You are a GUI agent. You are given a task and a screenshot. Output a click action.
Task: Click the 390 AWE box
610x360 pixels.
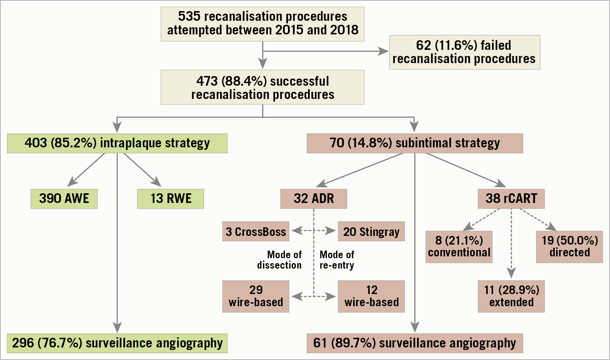(x=64, y=199)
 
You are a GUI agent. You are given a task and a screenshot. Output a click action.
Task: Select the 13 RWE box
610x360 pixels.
(x=170, y=199)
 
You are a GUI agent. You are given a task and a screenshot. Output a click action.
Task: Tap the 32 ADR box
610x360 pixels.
(x=313, y=199)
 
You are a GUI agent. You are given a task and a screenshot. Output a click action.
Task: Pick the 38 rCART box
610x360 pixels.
(x=511, y=199)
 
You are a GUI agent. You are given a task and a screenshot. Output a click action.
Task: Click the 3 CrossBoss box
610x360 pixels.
(x=255, y=231)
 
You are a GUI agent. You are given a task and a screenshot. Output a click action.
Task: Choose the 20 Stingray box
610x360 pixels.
(x=371, y=231)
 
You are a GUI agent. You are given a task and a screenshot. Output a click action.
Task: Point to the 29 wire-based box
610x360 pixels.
(x=255, y=296)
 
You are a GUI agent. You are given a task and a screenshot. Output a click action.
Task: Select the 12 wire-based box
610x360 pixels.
(x=371, y=296)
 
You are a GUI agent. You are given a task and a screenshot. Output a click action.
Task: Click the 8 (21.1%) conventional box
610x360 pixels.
(x=459, y=247)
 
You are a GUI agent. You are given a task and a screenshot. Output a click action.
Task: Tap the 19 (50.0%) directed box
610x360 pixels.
(x=569, y=247)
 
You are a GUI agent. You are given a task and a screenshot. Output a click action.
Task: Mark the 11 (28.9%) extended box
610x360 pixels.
(x=511, y=296)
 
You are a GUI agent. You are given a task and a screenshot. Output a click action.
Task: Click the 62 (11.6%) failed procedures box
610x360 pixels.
(x=464, y=52)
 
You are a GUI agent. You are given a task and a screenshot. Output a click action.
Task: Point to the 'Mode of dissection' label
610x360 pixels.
(x=280, y=260)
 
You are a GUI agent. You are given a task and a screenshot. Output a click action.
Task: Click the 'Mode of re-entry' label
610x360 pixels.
(x=337, y=260)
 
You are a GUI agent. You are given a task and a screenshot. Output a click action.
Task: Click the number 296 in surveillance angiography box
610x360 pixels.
(x=23, y=343)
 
